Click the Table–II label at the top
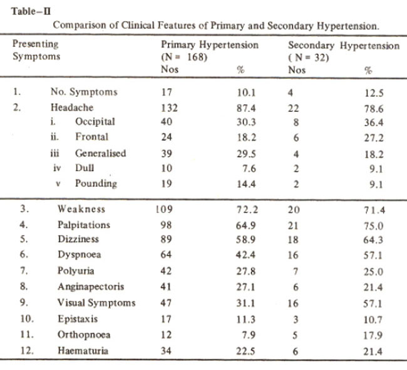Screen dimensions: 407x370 [31, 11]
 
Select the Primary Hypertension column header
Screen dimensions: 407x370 [210, 45]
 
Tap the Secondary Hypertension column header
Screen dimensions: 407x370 [344, 46]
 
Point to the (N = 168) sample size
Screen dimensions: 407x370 [184, 57]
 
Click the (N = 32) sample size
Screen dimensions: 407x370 [309, 57]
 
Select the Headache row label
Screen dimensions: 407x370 [72, 107]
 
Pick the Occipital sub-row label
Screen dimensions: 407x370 [95, 122]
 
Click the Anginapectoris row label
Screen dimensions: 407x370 [91, 287]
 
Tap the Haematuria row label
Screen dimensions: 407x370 [83, 351]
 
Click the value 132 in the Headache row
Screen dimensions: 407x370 [169, 107]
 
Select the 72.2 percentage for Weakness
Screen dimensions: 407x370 [247, 209]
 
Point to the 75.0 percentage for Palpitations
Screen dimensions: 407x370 [373, 226]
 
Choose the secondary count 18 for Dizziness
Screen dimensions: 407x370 [293, 239]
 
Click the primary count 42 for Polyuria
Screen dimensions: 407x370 [166, 271]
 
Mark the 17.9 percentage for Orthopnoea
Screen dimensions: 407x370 [373, 336]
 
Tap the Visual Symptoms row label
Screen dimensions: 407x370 [96, 302]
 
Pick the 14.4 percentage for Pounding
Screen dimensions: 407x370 [246, 184]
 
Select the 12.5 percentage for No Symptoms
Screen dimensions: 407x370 [374, 93]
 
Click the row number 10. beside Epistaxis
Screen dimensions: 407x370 [27, 319]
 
